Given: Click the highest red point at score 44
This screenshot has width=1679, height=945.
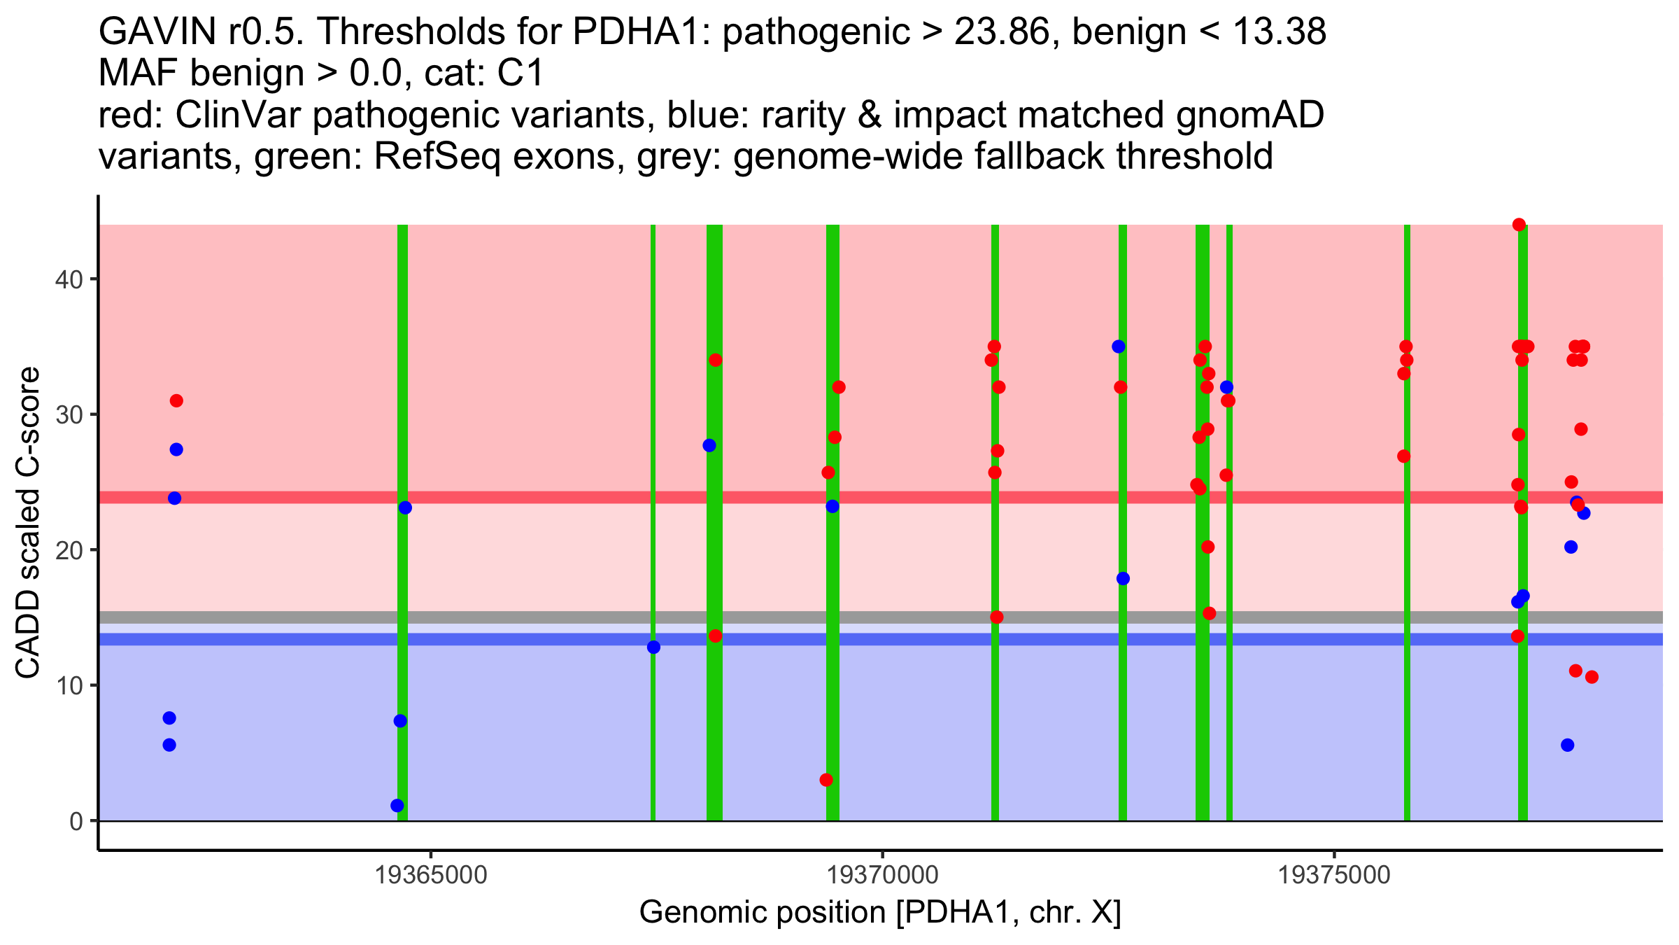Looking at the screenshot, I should [x=1519, y=225].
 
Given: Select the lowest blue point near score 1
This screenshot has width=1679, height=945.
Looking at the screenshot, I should [x=397, y=806].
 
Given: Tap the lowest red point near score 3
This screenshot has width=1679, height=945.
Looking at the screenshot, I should [x=826, y=780].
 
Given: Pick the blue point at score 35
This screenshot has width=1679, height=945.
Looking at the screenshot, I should [x=1119, y=346].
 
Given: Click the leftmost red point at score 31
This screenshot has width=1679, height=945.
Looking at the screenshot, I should [x=176, y=401].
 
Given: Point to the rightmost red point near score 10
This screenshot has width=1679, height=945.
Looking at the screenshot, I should [x=1592, y=677].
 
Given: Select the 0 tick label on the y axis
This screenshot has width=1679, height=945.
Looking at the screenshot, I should [x=76, y=821].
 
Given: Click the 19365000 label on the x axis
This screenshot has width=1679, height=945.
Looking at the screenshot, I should [x=431, y=876].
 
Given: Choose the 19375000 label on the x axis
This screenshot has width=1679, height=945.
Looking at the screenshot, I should [x=1335, y=876].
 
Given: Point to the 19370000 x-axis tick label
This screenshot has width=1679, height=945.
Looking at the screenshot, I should [x=883, y=876].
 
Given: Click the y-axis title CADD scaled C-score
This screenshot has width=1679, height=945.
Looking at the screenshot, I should [x=28, y=523].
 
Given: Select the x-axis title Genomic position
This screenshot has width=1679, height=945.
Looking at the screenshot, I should [x=880, y=913].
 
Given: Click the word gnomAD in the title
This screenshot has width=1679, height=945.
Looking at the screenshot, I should [x=1249, y=115].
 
